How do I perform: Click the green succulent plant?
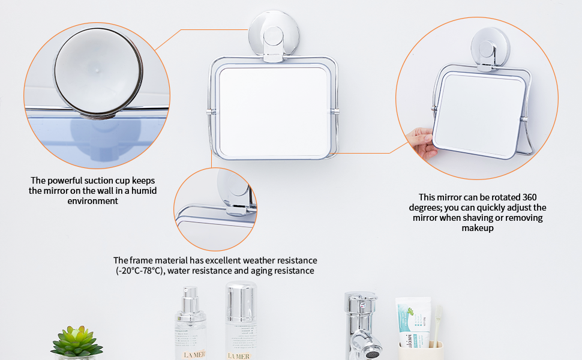(76, 341)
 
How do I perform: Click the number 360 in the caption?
(529, 197)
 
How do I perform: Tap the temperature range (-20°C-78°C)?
(141, 271)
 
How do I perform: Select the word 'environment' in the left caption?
(92, 200)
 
